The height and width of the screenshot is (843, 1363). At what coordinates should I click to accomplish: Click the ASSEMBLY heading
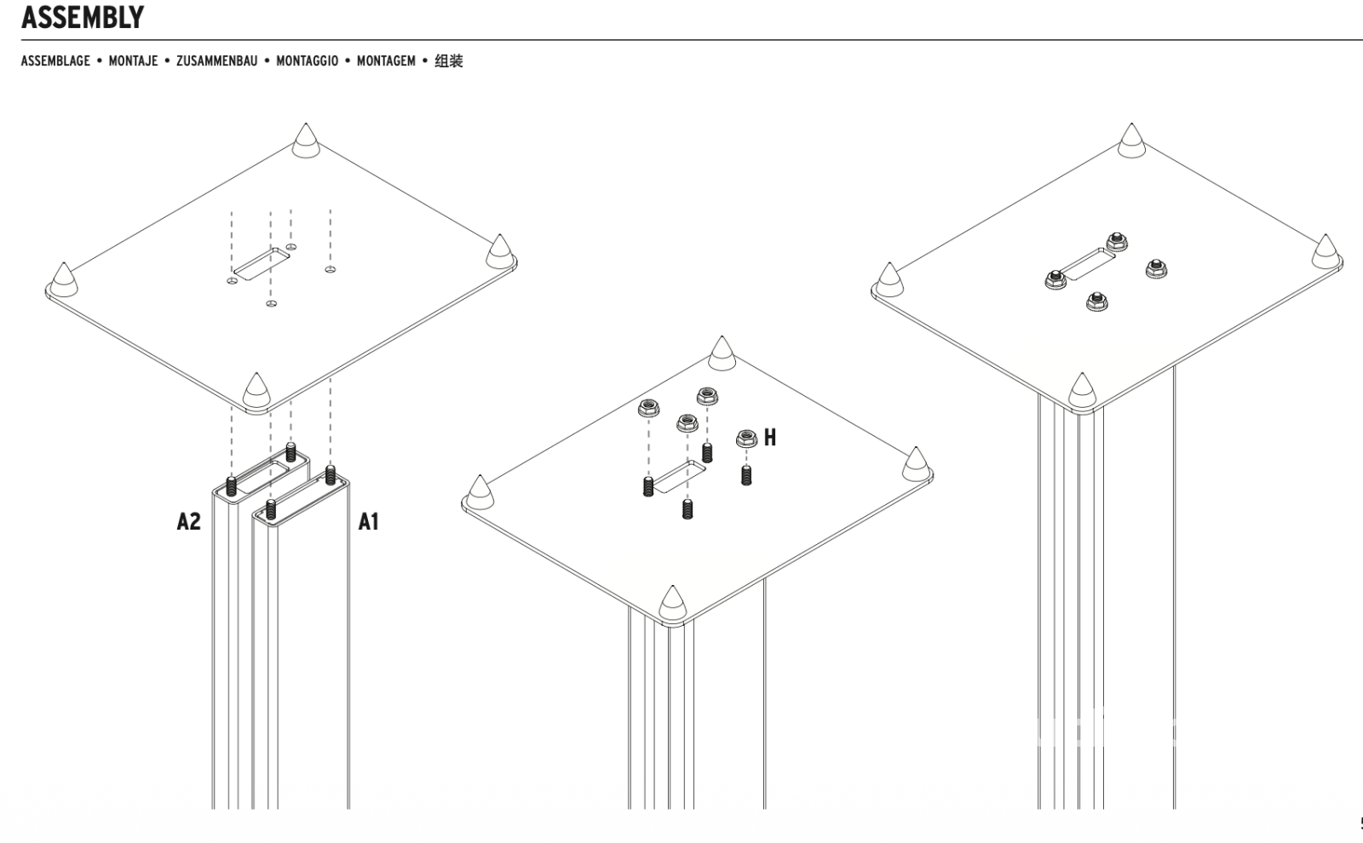pyautogui.click(x=83, y=17)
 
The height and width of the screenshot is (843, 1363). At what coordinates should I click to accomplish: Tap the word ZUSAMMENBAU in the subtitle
pyautogui.click(x=216, y=61)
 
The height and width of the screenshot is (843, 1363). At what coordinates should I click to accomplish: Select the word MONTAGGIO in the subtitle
pyautogui.click(x=307, y=61)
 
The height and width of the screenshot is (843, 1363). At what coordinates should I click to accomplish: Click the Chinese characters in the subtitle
pyautogui.click(x=449, y=61)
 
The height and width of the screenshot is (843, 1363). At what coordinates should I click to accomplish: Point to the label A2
pyautogui.click(x=188, y=521)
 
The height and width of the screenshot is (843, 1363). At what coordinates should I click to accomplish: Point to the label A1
pyautogui.click(x=368, y=521)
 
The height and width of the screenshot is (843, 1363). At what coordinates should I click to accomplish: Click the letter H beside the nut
pyautogui.click(x=770, y=438)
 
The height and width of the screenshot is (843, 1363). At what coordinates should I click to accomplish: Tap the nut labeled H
pyautogui.click(x=747, y=439)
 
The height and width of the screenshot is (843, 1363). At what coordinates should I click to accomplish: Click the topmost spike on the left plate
pyautogui.click(x=306, y=141)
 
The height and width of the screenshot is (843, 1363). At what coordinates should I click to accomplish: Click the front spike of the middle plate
pyautogui.click(x=673, y=603)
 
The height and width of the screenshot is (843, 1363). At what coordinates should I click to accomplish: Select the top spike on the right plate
pyautogui.click(x=1131, y=141)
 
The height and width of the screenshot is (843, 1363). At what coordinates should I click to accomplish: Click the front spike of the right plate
pyautogui.click(x=1082, y=390)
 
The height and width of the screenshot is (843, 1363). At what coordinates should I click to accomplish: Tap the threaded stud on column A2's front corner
pyautogui.click(x=231, y=486)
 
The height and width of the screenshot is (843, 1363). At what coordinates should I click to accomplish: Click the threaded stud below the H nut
pyautogui.click(x=747, y=475)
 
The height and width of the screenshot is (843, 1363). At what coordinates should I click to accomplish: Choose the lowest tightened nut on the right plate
pyautogui.click(x=1096, y=301)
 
